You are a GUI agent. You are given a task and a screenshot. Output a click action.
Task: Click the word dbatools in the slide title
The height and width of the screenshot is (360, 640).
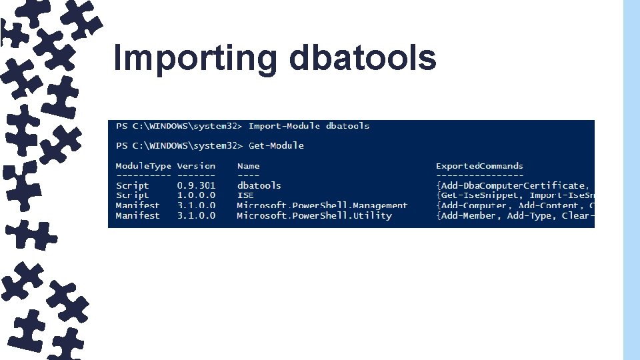pos(363,58)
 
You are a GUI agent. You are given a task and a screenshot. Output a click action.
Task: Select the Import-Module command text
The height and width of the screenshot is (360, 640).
pos(285,126)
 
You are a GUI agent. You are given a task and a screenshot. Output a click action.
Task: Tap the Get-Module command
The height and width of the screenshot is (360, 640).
pos(276,145)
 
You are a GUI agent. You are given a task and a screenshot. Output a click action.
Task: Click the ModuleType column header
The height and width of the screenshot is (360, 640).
pos(143,166)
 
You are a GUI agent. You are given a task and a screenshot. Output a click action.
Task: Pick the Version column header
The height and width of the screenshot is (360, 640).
pos(196,166)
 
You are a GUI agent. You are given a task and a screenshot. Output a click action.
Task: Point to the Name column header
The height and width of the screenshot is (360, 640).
pos(248,166)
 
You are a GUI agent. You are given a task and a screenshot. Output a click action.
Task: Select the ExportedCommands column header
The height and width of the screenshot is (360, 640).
pos(479,166)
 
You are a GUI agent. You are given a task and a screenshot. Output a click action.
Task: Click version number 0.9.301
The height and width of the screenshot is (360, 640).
pos(196,185)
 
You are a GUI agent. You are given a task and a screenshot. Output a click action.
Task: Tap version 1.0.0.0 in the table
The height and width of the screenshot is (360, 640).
pos(196,195)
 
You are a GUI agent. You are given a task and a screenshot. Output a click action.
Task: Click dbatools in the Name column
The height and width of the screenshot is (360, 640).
pos(259,185)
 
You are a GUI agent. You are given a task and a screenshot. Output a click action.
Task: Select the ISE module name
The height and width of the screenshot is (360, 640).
pos(245,195)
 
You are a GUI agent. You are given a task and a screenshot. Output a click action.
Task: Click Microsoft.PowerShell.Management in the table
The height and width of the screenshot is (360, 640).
pos(322,205)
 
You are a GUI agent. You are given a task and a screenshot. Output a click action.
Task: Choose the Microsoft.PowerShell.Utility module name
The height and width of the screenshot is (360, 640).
pos(314,215)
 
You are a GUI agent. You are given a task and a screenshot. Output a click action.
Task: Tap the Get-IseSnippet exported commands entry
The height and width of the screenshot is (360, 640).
pos(480,195)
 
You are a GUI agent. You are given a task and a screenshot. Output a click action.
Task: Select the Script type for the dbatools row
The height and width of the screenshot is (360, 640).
pos(133,185)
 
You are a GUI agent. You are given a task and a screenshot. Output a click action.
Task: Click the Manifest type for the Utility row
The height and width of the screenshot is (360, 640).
pos(138,215)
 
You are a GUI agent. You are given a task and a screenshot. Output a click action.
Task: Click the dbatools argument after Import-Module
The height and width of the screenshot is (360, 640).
pos(347,126)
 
